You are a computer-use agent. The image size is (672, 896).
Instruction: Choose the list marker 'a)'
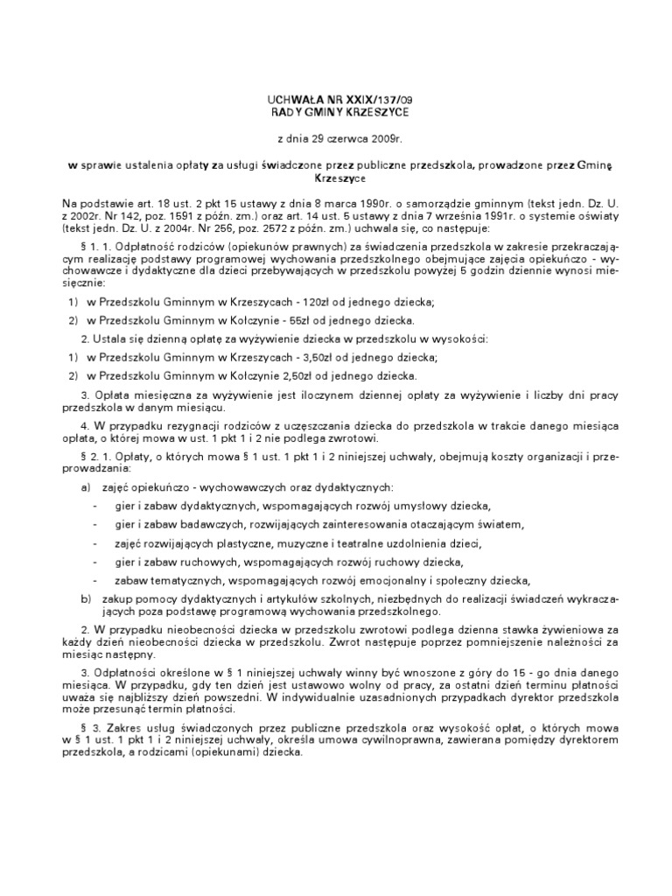pos(85,486)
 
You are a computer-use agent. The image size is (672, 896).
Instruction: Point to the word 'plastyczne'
pos(248,542)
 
